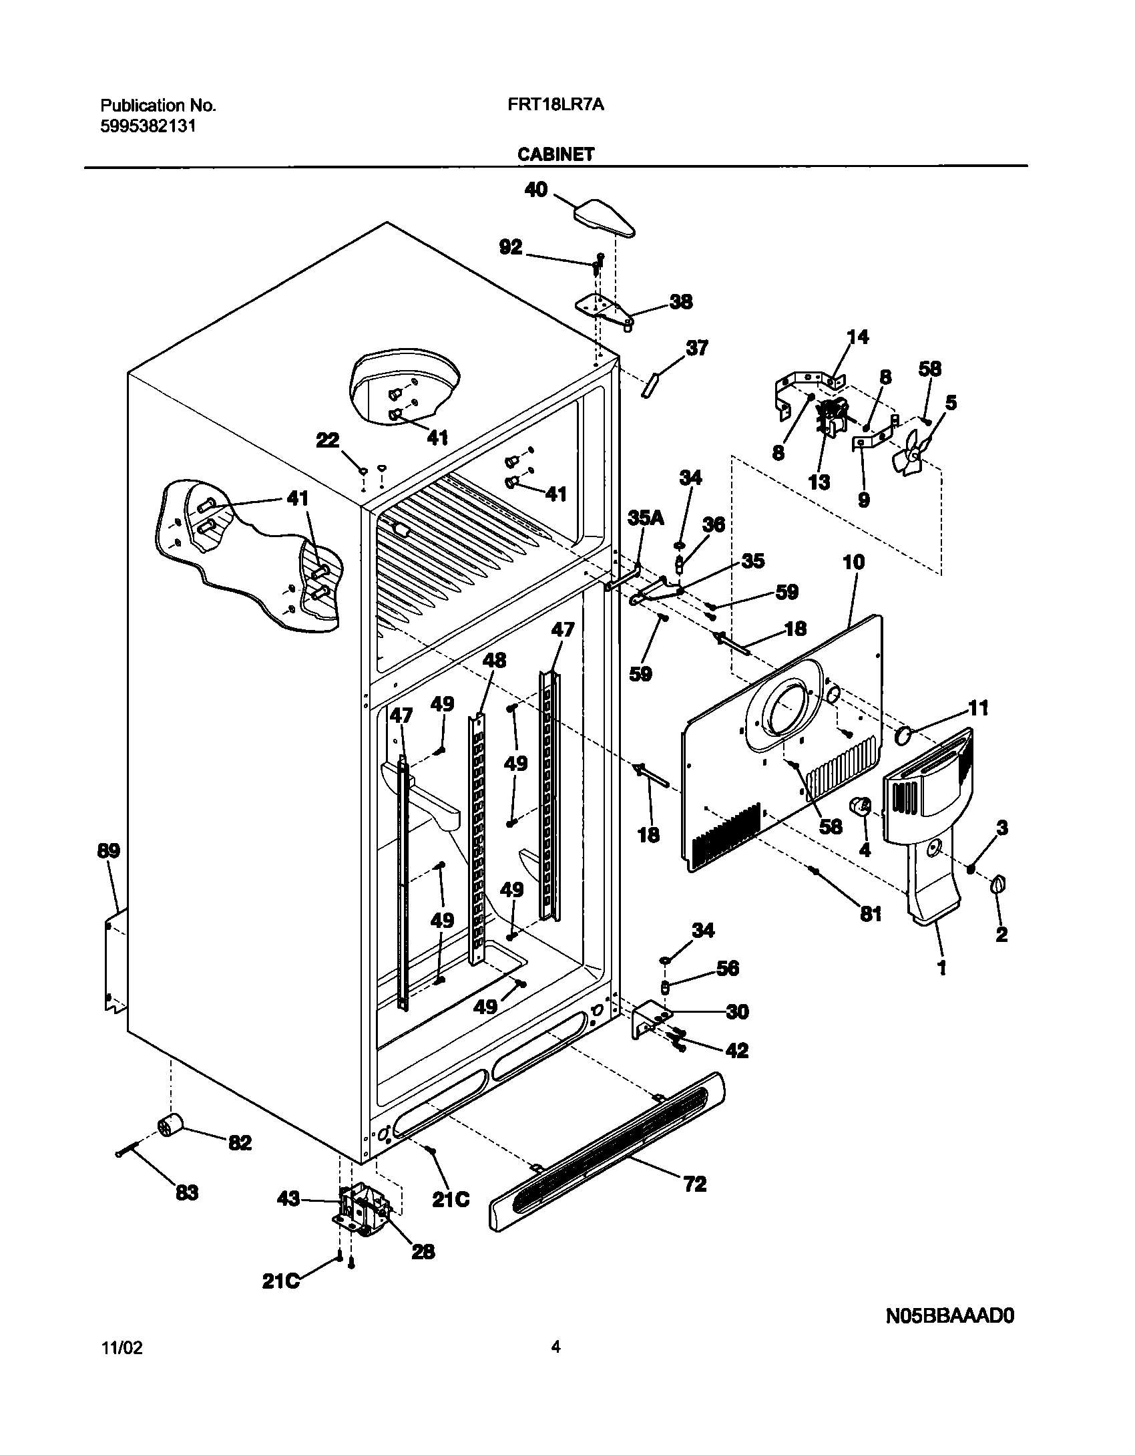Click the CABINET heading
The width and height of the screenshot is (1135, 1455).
pyautogui.click(x=555, y=154)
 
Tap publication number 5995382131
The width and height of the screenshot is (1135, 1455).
pyautogui.click(x=148, y=126)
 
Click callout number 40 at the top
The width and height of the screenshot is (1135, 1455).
pyautogui.click(x=536, y=190)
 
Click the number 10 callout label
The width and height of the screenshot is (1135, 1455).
pyautogui.click(x=854, y=562)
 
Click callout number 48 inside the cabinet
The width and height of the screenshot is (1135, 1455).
pyautogui.click(x=494, y=660)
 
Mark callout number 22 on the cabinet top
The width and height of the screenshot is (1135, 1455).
pyautogui.click(x=328, y=440)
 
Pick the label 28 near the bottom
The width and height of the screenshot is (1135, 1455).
pyautogui.click(x=423, y=1251)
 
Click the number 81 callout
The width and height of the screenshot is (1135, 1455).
pyautogui.click(x=870, y=913)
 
